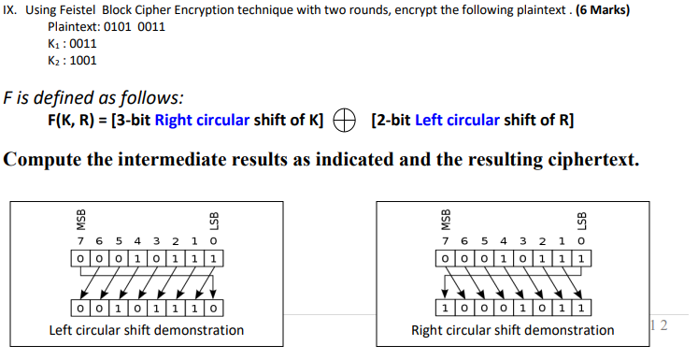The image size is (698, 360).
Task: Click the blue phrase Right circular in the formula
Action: pos(197,121)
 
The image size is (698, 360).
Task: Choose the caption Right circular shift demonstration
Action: pos(512,330)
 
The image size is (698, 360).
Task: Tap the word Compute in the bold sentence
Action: pos(40,160)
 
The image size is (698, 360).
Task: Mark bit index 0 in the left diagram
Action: pos(215,240)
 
